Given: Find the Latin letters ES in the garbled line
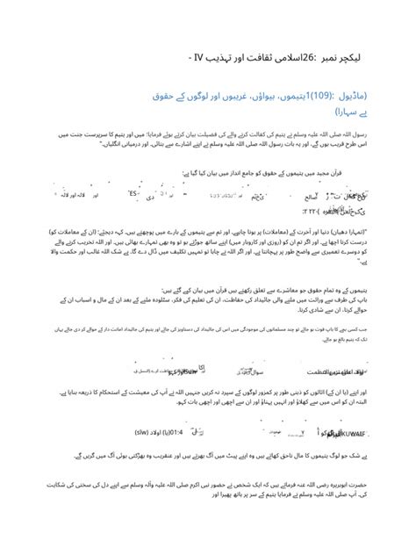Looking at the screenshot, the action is (133, 193).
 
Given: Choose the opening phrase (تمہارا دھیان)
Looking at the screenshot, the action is (373, 231).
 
